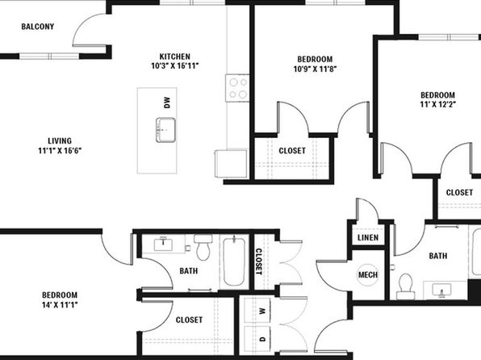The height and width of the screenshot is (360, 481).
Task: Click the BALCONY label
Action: point(38,27)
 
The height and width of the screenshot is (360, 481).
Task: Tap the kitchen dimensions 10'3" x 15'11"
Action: point(175,65)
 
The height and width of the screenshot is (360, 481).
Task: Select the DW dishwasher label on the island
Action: point(167,103)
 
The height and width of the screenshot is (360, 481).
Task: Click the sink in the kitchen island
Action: point(165,130)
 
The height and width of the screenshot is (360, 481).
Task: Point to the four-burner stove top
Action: point(237,88)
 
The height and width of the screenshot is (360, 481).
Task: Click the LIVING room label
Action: point(60,141)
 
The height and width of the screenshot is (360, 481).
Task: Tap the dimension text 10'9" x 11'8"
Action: point(315,69)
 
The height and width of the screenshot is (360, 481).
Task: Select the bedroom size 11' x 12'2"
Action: point(437,104)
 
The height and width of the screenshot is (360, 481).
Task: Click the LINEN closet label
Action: point(368,237)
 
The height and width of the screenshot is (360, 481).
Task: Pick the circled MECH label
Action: point(368,274)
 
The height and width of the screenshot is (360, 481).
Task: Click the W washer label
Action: point(262,311)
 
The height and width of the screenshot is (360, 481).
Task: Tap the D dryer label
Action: point(262,339)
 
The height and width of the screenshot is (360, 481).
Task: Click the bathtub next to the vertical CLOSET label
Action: point(234,261)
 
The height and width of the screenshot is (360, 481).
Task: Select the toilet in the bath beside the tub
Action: point(203,247)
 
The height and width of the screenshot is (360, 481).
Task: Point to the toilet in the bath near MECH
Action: point(405,287)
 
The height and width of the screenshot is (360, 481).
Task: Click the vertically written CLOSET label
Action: point(259,262)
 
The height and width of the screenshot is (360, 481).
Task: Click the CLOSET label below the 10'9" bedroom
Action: point(292,151)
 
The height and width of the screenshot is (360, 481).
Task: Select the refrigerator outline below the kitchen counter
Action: point(231,164)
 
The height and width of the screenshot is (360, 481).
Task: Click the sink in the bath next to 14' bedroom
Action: point(163,245)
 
